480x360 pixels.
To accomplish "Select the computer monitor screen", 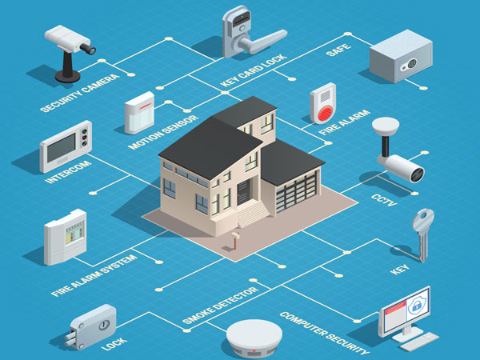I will click(404, 309).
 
